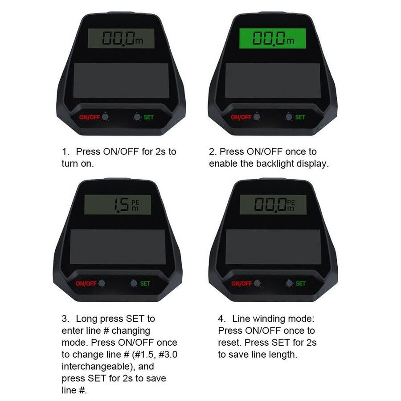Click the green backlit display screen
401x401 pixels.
click(x=272, y=38)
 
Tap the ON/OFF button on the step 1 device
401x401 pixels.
click(x=105, y=117)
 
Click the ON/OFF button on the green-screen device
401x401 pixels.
click(x=257, y=117)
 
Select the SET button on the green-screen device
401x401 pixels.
click(x=289, y=117)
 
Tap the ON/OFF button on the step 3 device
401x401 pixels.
click(x=102, y=283)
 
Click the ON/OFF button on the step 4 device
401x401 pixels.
click(x=257, y=283)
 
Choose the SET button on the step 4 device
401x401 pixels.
click(x=289, y=283)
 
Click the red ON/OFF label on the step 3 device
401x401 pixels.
click(x=86, y=284)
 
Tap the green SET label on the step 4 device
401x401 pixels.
click(x=301, y=284)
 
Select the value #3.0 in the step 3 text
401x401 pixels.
click(x=168, y=355)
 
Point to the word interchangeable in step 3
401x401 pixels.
click(x=98, y=367)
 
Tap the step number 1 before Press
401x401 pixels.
click(x=65, y=151)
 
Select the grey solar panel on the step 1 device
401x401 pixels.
click(x=121, y=81)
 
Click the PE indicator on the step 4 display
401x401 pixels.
click(x=291, y=203)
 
